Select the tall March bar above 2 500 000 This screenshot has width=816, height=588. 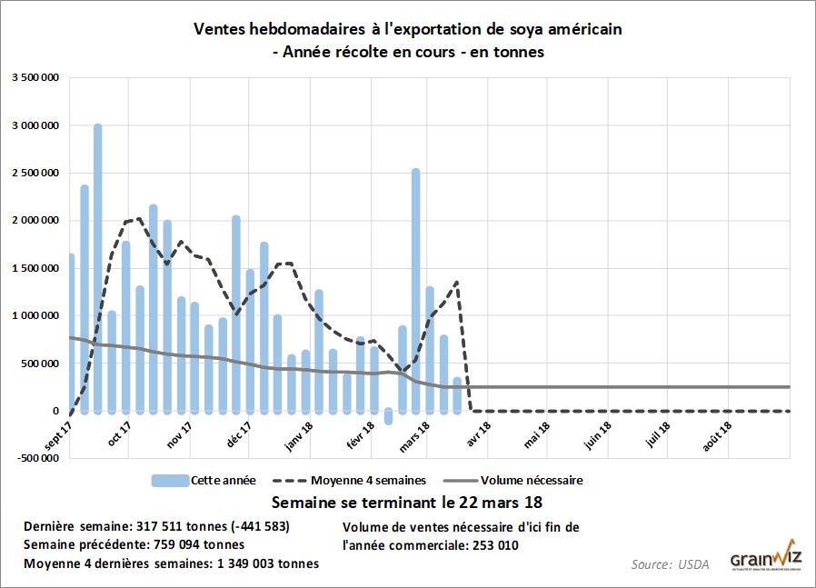[x=415, y=291]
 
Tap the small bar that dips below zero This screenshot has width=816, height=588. [x=388, y=416]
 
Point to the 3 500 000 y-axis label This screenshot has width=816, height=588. [x=35, y=78]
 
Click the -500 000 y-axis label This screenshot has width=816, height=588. [x=35, y=458]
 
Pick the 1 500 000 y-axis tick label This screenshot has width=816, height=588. [x=35, y=268]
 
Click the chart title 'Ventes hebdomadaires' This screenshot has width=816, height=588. [x=408, y=29]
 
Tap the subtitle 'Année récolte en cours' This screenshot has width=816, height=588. [x=408, y=52]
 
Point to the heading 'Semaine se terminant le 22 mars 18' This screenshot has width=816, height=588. [x=408, y=502]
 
